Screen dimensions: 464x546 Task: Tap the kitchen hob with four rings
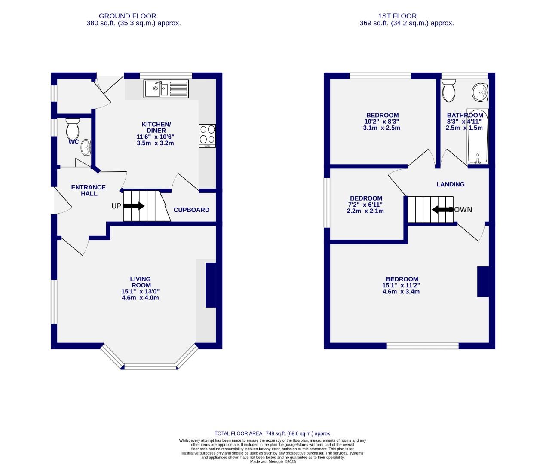208,135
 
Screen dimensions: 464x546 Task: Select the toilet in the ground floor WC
73,128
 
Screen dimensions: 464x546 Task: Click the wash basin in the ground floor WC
86,147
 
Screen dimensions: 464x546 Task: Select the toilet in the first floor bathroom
449,91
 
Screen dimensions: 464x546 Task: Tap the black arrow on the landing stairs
441,210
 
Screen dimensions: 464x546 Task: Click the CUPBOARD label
191,210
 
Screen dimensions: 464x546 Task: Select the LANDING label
450,184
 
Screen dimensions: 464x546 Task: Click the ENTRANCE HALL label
88,190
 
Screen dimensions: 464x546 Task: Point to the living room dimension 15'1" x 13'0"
140,291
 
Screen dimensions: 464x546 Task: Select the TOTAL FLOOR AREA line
273,433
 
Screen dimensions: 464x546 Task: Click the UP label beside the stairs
116,206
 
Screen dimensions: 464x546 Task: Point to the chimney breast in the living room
211,285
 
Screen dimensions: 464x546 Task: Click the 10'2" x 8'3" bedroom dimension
382,122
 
